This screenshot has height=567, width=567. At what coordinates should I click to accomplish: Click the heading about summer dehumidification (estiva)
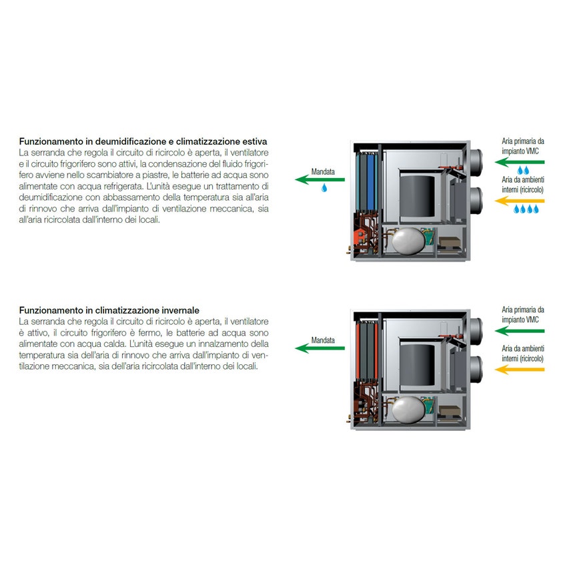coord(143,141)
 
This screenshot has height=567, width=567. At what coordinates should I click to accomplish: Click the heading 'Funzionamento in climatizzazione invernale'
coord(109,310)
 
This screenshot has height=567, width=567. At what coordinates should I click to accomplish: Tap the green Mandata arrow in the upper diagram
coord(320,179)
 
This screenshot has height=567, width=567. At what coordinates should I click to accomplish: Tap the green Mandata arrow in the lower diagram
coord(320,348)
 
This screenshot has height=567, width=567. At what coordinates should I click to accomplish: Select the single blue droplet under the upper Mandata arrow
coord(324,187)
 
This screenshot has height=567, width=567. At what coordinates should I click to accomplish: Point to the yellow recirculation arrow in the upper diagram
coord(519,201)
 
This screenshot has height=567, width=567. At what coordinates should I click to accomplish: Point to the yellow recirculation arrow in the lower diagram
coord(519,370)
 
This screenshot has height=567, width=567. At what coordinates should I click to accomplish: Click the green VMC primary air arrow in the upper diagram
coord(519,162)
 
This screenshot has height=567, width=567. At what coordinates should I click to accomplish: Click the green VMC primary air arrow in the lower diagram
coord(519,330)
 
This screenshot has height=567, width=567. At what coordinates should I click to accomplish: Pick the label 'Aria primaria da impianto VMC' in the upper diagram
coord(522,146)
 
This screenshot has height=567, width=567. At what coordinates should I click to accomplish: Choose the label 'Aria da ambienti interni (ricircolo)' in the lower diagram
coord(522,354)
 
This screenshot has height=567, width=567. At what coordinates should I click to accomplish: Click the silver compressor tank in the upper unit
coord(408,241)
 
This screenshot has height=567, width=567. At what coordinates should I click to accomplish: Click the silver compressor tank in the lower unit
coord(408,410)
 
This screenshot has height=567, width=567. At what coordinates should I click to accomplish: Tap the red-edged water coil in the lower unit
coord(367,350)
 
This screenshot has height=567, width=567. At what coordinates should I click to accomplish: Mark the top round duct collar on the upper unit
coord(476,162)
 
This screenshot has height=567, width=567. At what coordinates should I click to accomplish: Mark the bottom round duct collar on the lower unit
coord(476,370)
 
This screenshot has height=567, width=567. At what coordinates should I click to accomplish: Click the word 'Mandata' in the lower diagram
coord(323,340)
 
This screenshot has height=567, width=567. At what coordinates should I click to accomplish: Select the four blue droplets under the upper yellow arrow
coord(526,209)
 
